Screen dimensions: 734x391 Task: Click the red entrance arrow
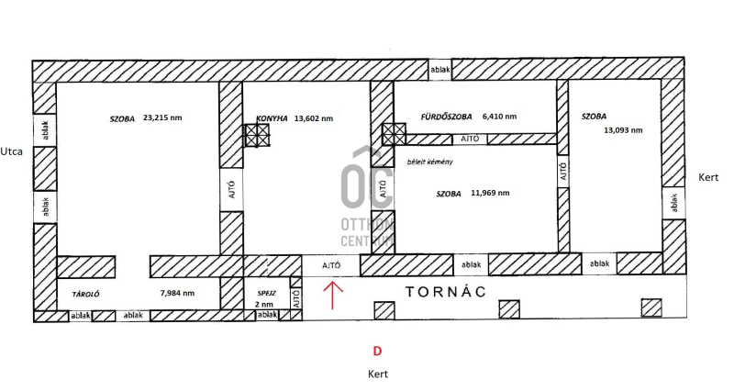(x=332, y=295)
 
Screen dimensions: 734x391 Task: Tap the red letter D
(x=377, y=352)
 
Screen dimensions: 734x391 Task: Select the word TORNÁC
(x=445, y=292)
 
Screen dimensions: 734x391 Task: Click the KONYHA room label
(x=272, y=118)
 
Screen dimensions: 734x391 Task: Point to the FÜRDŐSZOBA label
(x=446, y=117)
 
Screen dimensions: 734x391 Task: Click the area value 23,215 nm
(x=162, y=118)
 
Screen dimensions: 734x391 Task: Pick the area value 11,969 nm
(x=490, y=193)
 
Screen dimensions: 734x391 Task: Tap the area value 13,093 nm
(x=623, y=130)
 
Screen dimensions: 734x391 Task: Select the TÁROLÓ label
(x=85, y=295)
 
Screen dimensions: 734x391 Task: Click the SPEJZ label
(x=266, y=293)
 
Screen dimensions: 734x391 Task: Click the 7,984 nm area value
(x=177, y=293)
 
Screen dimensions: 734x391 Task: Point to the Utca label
(x=11, y=151)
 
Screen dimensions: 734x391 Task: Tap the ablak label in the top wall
(x=440, y=70)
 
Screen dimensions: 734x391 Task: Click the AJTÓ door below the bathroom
(x=470, y=140)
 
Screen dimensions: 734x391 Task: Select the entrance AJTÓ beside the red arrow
(x=331, y=265)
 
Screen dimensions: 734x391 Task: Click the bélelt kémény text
(x=429, y=162)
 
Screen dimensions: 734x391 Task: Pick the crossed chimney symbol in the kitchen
(x=258, y=136)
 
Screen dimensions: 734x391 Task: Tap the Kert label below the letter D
(x=378, y=374)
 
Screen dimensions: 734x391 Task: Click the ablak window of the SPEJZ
(x=267, y=315)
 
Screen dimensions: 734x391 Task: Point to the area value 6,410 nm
(x=499, y=117)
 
